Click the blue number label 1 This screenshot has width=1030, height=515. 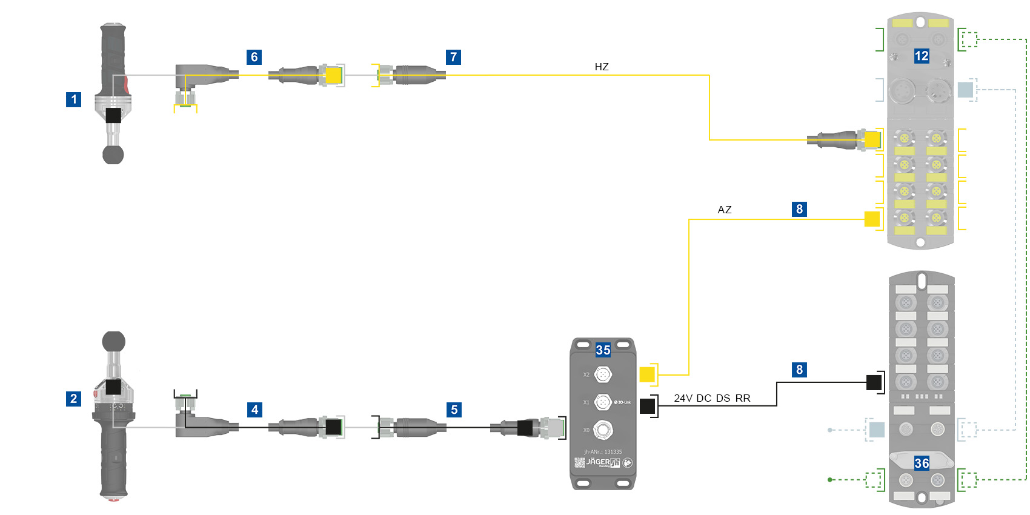(x=73, y=99)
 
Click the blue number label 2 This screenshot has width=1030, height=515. (x=73, y=399)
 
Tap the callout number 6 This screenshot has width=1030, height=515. (x=254, y=57)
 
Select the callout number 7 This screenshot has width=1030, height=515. (x=453, y=57)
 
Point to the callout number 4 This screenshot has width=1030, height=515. (x=254, y=410)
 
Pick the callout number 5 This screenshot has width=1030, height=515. (x=454, y=410)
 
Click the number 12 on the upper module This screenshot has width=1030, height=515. (x=922, y=56)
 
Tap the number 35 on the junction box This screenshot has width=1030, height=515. (x=603, y=350)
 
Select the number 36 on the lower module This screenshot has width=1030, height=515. (x=922, y=463)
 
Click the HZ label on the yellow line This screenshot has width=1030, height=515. (x=602, y=67)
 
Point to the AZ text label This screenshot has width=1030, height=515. (x=725, y=210)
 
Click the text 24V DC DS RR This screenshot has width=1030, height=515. (x=712, y=398)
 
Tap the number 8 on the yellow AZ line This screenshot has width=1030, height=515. (x=799, y=209)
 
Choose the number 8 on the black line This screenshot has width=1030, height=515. (x=799, y=370)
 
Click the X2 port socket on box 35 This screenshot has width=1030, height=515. (x=602, y=375)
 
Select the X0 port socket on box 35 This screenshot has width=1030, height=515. (x=602, y=430)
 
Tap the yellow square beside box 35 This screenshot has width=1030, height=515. (x=647, y=374)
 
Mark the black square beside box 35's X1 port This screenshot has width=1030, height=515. (x=647, y=406)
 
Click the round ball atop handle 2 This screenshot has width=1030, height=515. (x=113, y=341)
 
